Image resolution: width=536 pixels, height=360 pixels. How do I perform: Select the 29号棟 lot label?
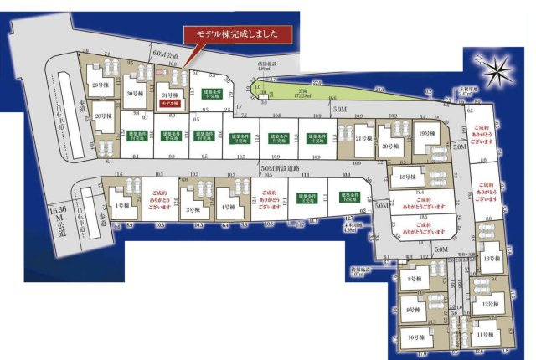100,85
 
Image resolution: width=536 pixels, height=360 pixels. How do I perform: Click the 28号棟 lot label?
103,116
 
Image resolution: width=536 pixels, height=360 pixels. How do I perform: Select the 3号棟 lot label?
192,209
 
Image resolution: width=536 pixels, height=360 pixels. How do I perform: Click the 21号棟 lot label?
363,138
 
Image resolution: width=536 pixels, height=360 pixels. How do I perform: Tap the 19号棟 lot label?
425,134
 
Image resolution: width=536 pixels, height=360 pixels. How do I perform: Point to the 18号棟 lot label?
408,177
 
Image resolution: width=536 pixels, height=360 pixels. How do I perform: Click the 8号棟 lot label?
413,279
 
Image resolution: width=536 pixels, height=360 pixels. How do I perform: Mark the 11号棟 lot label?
485,334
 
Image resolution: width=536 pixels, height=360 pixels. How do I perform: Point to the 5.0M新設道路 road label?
281,168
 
